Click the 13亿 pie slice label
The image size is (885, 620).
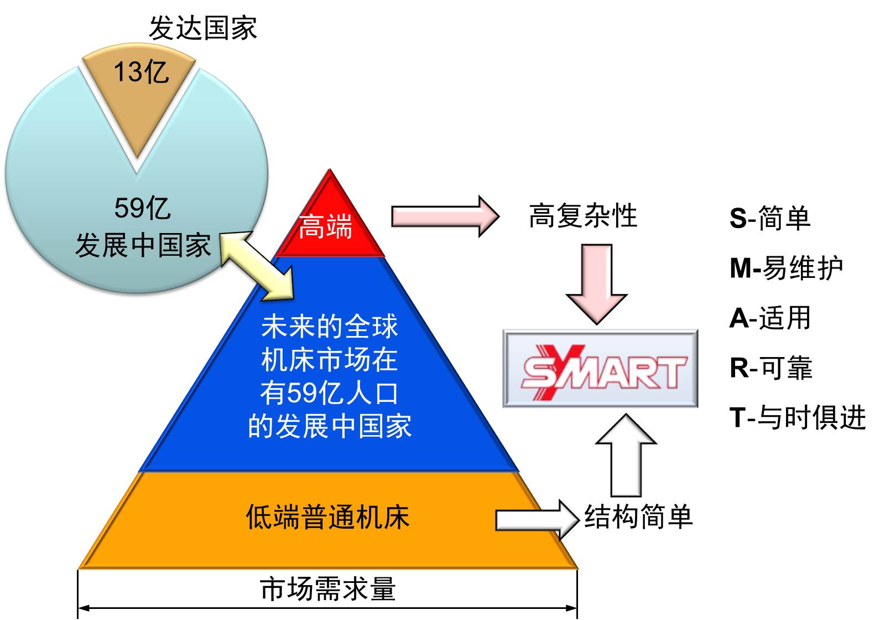(x=140, y=73)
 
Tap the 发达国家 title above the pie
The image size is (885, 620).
(x=203, y=28)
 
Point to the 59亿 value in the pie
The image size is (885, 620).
(x=142, y=208)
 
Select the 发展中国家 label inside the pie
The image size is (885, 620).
(x=143, y=245)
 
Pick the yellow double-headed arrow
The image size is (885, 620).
(x=256, y=266)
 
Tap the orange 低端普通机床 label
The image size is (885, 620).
(x=327, y=517)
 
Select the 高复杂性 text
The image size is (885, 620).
(x=582, y=215)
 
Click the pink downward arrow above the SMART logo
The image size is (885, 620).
(x=597, y=282)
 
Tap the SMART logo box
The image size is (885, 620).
(x=600, y=369)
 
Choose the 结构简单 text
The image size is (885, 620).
(x=638, y=517)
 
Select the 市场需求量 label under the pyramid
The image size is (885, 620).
(x=327, y=588)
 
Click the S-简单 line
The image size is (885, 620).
(x=770, y=218)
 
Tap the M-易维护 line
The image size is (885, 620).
(x=786, y=268)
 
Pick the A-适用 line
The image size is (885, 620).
(x=770, y=318)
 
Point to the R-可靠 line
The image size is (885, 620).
(x=771, y=368)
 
